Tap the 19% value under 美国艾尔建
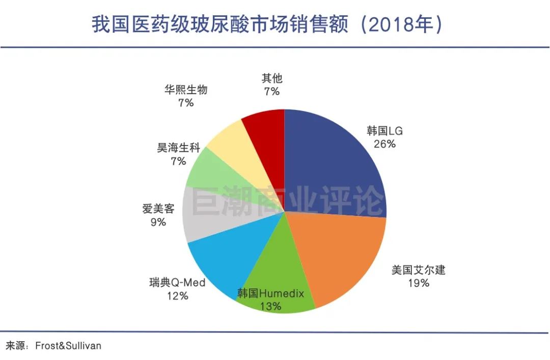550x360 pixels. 418,283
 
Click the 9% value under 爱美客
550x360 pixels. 158,222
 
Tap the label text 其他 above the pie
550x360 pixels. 272,78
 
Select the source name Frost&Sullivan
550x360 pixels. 68,346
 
